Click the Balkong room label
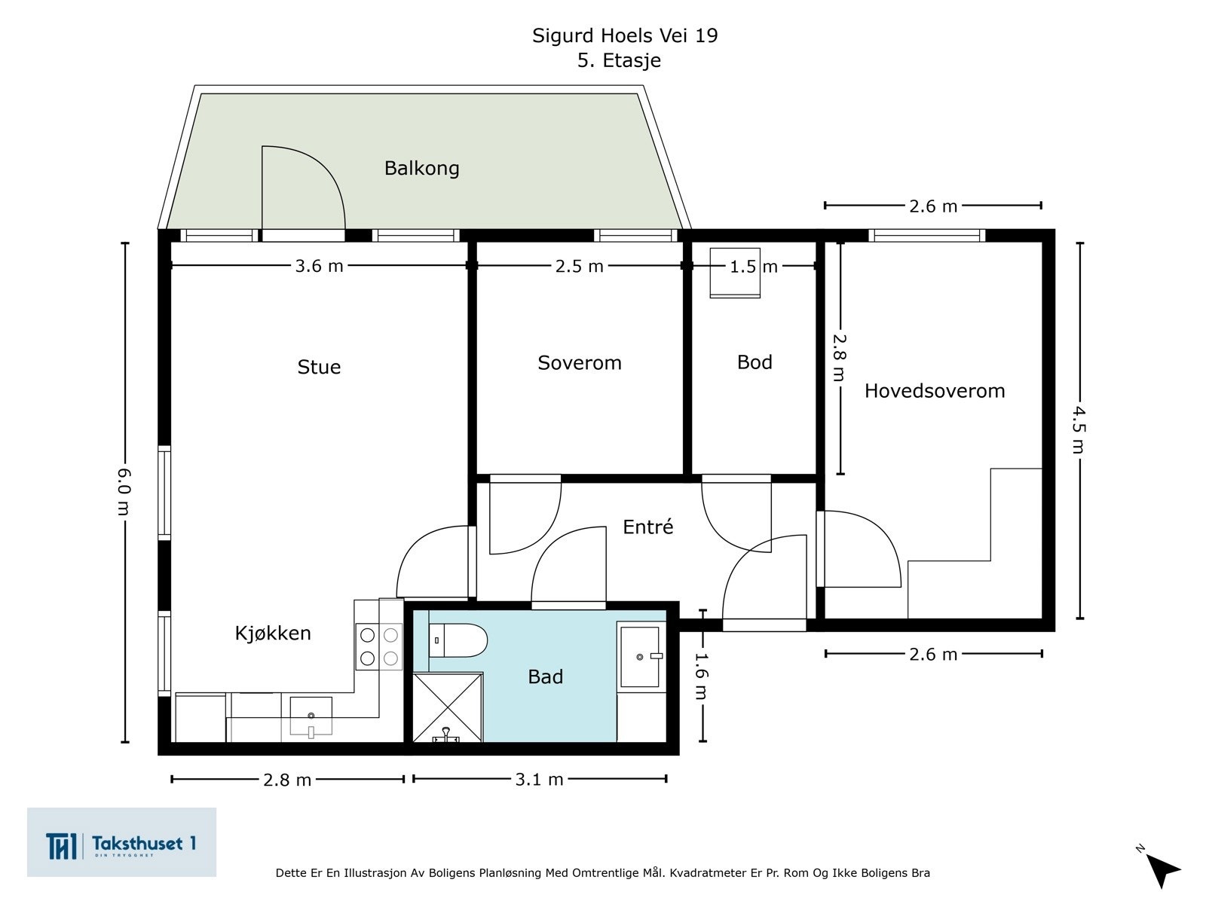click(421, 168)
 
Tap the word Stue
click(319, 367)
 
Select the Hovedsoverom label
click(935, 391)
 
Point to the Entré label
click(647, 527)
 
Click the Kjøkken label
click(273, 633)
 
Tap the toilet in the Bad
click(458, 640)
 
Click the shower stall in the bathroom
click(448, 707)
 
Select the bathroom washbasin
click(640, 657)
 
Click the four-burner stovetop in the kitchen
click(379, 646)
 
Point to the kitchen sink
click(311, 716)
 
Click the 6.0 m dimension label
click(124, 492)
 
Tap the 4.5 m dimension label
click(1079, 429)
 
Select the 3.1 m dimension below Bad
click(539, 780)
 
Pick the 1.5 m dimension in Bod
click(753, 267)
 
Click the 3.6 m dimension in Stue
click(319, 266)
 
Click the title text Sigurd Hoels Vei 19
click(625, 35)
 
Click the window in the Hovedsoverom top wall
click(927, 236)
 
